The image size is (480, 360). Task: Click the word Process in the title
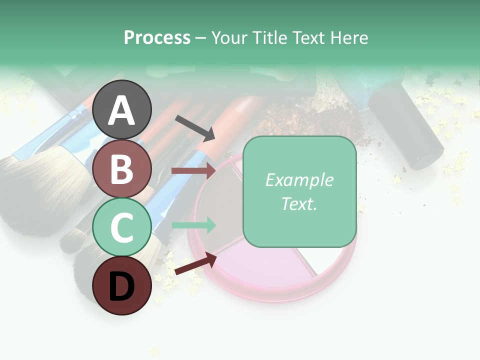pos(157,38)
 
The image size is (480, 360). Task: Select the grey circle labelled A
pos(122,109)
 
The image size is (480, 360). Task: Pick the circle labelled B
pos(122,168)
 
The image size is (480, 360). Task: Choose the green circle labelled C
pos(122,227)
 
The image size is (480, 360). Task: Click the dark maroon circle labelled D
pos(122,285)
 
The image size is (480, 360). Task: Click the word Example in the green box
pos(299,180)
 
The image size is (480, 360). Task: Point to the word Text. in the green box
pos(299,203)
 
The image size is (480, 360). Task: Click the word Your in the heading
pos(230,38)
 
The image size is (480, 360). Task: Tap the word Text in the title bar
pos(306,38)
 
